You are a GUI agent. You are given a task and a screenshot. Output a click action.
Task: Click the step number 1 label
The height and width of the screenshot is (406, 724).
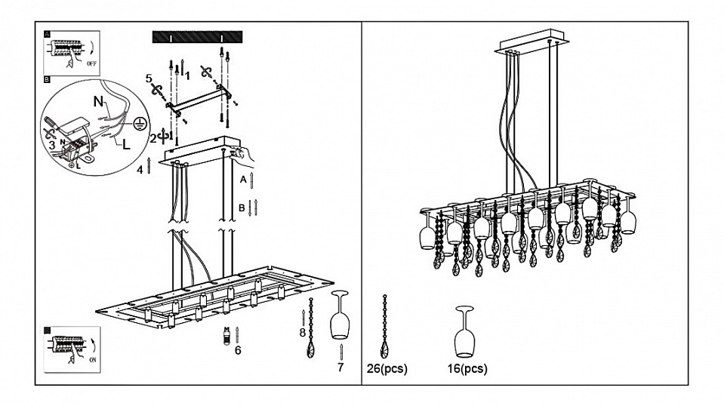click(x=186, y=74)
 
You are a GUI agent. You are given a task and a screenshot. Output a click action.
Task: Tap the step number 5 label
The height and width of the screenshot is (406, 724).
click(x=149, y=78)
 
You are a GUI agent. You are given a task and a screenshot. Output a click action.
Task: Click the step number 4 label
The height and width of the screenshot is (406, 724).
click(x=139, y=170)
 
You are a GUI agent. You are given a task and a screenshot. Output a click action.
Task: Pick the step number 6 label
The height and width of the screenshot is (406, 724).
click(x=237, y=349)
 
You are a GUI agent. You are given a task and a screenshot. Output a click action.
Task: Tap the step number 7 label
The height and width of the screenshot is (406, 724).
click(x=340, y=368)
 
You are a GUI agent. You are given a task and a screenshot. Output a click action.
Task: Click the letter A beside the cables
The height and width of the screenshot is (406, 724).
click(x=242, y=181)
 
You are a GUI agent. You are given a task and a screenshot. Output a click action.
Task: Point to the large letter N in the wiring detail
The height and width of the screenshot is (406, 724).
click(x=98, y=100)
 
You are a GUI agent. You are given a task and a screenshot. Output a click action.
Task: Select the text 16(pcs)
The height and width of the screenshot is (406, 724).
click(x=468, y=369)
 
